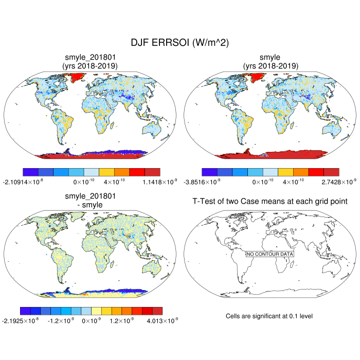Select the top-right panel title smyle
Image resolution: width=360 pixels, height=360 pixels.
(x=269, y=57)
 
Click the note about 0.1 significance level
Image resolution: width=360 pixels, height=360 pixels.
(x=269, y=315)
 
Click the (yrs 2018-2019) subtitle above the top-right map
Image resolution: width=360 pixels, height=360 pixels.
(x=269, y=65)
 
